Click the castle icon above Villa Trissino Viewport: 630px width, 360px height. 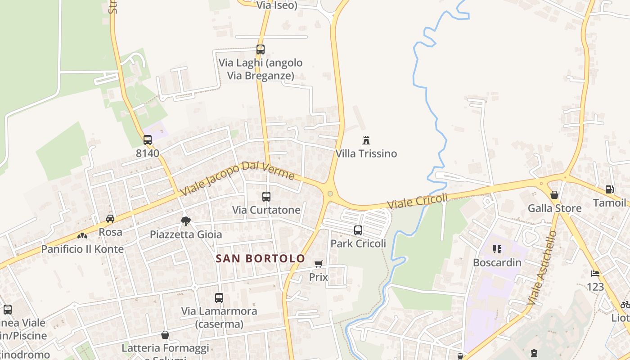click(x=366, y=140)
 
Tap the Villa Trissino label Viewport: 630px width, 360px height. click(x=366, y=153)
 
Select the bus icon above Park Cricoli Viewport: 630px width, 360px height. click(x=358, y=230)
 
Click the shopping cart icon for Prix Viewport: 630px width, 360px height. click(x=319, y=264)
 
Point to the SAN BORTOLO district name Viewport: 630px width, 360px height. click(x=261, y=259)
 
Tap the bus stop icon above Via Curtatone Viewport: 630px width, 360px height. click(x=266, y=197)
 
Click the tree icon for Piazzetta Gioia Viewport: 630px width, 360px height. click(x=185, y=221)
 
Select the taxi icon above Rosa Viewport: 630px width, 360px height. click(x=110, y=219)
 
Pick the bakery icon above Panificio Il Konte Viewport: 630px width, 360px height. click(x=82, y=235)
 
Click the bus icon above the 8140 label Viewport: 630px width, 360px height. click(x=148, y=140)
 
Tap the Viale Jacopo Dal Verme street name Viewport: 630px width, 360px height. click(x=237, y=178)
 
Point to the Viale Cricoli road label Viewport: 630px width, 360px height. click(x=418, y=201)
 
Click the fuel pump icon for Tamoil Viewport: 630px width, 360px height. click(x=609, y=189)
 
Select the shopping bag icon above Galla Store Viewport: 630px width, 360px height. click(x=554, y=195)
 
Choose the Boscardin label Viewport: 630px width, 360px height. click(x=497, y=262)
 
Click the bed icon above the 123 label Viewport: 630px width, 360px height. click(x=595, y=274)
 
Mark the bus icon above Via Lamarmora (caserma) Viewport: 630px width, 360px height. click(x=219, y=297)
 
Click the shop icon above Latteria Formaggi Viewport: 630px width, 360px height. click(x=165, y=335)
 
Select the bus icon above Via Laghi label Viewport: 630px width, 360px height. click(x=261, y=49)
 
